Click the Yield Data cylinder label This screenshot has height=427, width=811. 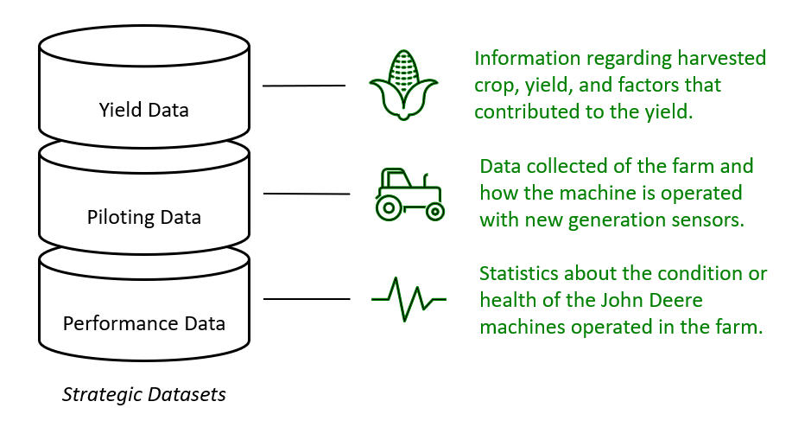tap(143, 110)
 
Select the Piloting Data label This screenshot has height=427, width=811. tap(143, 216)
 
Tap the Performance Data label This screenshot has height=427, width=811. tap(143, 323)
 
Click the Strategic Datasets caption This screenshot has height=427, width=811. tap(143, 394)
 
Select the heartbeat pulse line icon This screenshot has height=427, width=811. tap(409, 299)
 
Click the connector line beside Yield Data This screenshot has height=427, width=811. tap(303, 86)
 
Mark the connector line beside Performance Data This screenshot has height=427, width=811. tap(306, 299)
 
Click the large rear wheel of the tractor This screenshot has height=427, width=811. tap(388, 207)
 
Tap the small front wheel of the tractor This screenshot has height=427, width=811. tap(435, 210)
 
